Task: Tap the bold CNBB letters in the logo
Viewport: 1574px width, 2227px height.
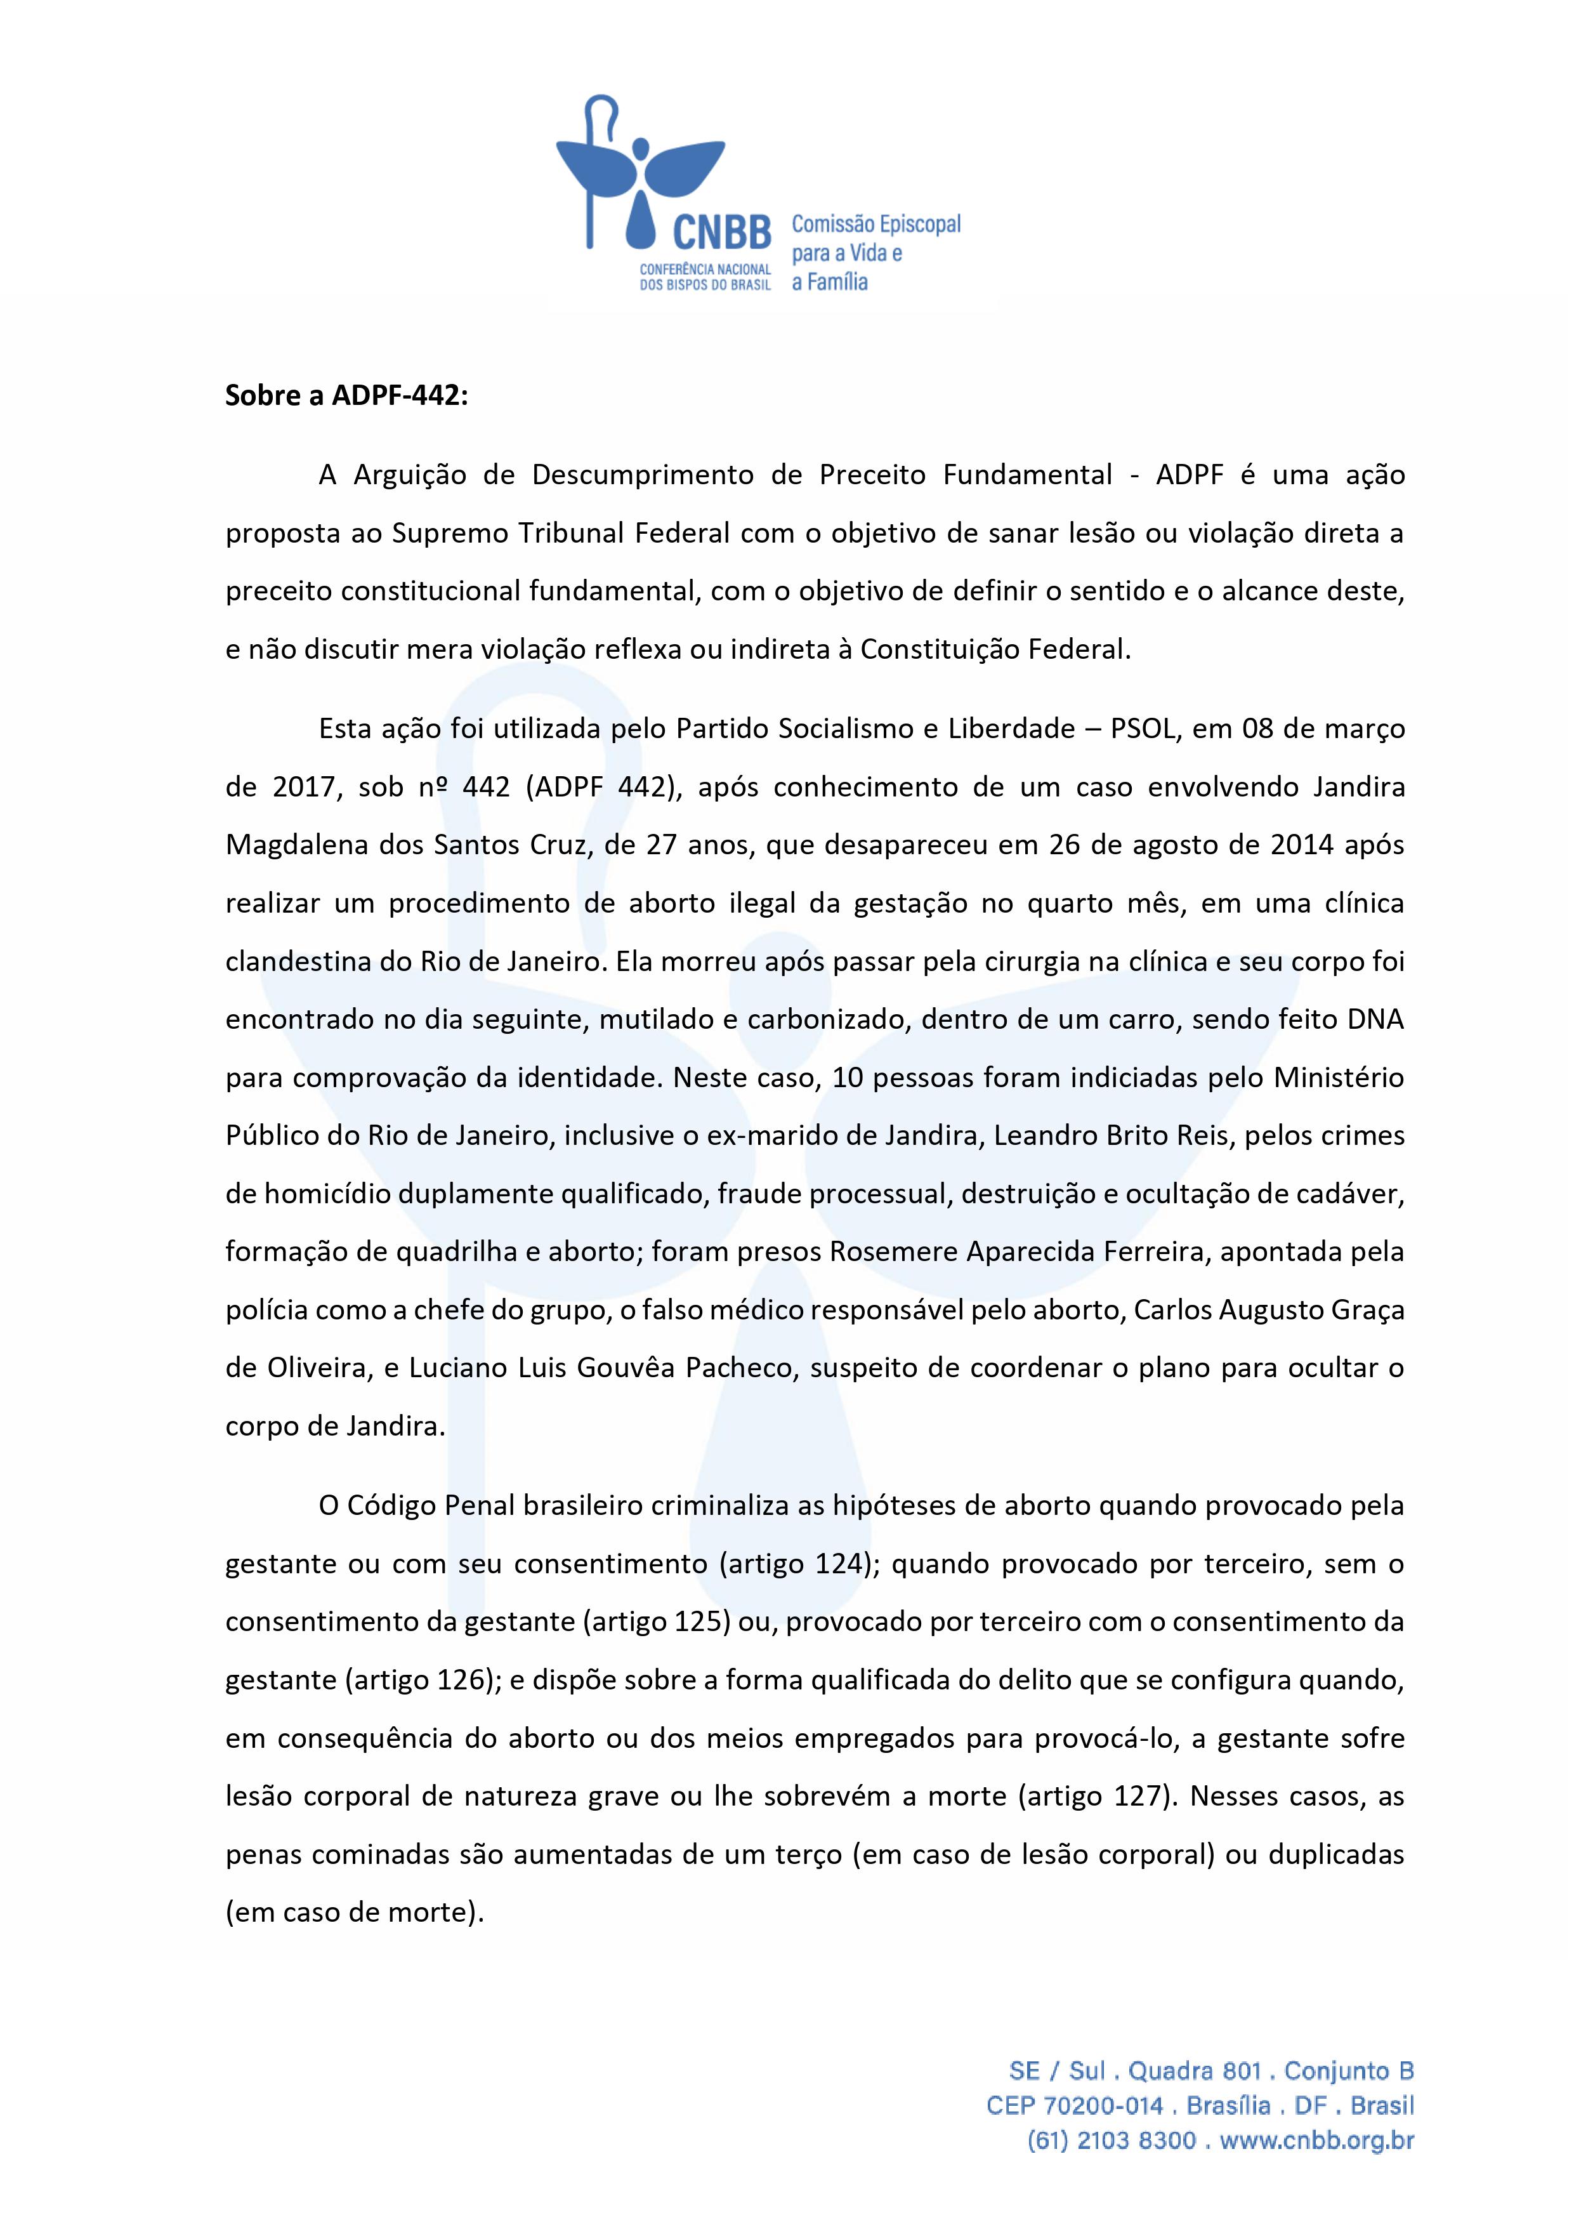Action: pyautogui.click(x=721, y=233)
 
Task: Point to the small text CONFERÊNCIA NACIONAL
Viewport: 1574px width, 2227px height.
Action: pyautogui.click(x=705, y=268)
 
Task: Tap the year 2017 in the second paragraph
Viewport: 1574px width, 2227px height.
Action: pyautogui.click(x=301, y=786)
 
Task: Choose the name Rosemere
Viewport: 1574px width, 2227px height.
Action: pyautogui.click(x=893, y=1252)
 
